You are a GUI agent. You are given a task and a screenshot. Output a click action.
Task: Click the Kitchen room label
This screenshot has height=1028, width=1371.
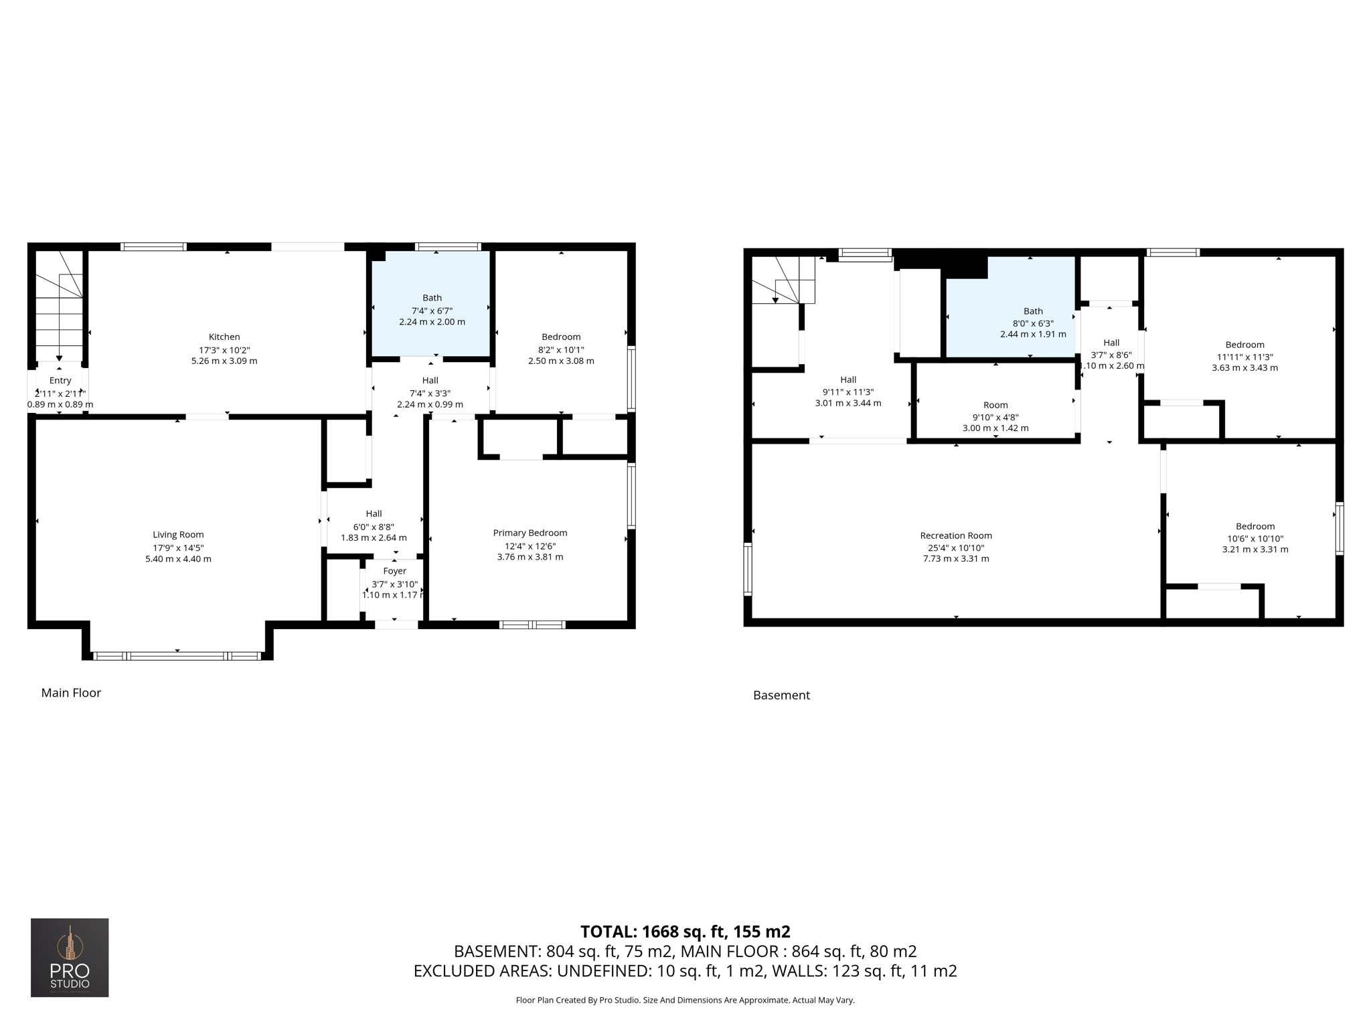tap(224, 337)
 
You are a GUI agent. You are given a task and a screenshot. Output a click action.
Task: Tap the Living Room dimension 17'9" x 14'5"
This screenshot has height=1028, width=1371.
tap(178, 547)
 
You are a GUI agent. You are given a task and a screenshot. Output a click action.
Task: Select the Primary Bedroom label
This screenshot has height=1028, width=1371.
tap(530, 533)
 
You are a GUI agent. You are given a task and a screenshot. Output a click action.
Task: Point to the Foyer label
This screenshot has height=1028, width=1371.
tap(394, 571)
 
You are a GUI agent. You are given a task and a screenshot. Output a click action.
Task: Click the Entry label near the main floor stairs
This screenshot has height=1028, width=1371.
tap(60, 380)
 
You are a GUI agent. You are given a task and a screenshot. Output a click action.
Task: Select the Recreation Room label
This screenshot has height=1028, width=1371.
tap(955, 535)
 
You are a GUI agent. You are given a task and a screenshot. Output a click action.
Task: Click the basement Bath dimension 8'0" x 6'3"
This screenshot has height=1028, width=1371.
tap(1033, 323)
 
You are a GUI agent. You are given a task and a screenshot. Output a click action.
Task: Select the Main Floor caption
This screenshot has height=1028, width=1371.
tap(71, 693)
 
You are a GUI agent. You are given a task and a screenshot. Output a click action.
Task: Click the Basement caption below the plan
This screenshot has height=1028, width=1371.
tap(781, 695)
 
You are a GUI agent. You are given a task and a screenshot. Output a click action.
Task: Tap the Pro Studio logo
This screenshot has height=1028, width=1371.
tap(70, 957)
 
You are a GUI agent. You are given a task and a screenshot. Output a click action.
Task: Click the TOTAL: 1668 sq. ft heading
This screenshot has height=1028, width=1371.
tap(685, 932)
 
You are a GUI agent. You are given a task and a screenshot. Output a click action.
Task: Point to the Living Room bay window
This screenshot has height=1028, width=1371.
tap(177, 656)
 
